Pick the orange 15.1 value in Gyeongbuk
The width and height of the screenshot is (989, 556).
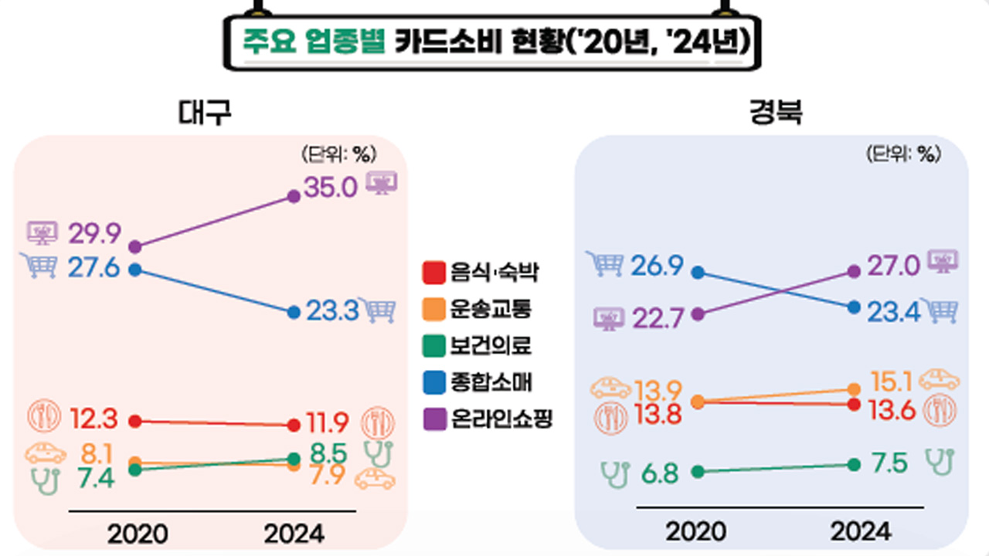click(x=890, y=381)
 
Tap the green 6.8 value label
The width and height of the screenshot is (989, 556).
click(x=660, y=472)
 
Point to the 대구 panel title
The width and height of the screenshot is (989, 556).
click(x=205, y=114)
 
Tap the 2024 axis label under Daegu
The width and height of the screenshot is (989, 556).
click(x=294, y=532)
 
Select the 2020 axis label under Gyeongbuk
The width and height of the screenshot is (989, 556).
click(x=695, y=531)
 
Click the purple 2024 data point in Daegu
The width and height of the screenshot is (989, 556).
click(x=294, y=196)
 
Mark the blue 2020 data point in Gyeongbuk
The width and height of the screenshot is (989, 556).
click(x=698, y=272)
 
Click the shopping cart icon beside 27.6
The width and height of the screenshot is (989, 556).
click(x=42, y=266)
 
